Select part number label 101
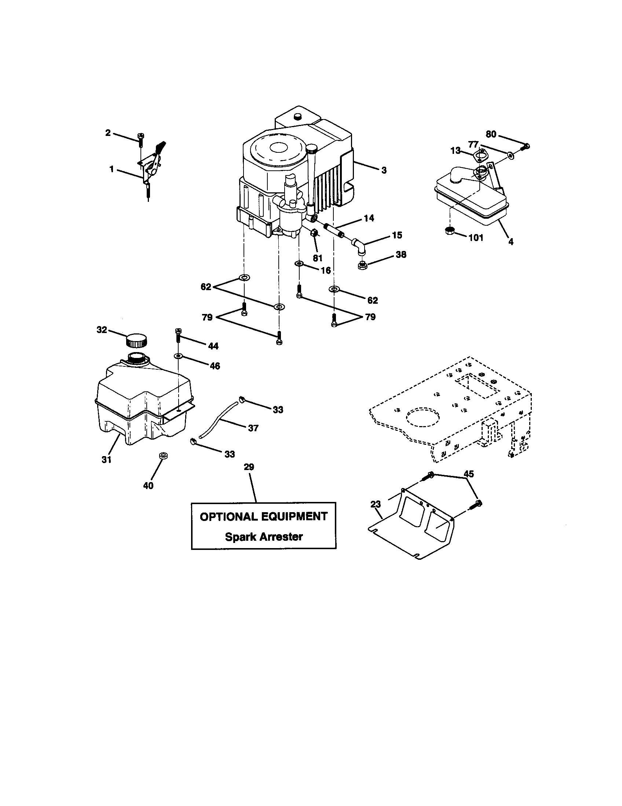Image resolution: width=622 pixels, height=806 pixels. point(476,238)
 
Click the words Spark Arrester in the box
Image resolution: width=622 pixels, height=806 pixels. point(263,537)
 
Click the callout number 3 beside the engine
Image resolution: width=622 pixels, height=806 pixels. point(384,170)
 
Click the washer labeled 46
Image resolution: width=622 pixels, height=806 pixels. point(178,356)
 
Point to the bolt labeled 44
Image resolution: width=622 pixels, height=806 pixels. point(178,334)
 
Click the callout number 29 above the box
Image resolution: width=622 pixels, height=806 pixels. point(249,467)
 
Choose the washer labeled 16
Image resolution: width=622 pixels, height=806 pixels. point(299,263)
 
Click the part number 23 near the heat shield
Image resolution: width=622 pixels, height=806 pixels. point(375,504)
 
